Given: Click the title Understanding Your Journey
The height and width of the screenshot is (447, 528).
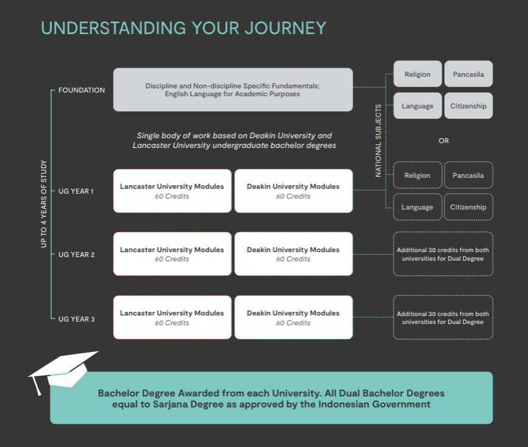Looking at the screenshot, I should click(x=183, y=28).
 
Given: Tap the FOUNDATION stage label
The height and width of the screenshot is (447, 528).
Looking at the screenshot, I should click(x=82, y=90).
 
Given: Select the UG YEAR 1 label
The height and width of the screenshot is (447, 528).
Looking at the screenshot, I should click(x=76, y=191).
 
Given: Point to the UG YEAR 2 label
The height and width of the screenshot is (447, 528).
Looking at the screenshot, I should click(x=76, y=255).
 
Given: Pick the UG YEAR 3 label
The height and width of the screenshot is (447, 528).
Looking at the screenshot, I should click(x=76, y=319).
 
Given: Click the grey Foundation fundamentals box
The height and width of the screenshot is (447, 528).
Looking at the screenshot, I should click(x=233, y=90).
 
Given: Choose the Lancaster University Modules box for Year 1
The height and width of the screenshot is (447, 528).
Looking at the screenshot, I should click(x=172, y=191).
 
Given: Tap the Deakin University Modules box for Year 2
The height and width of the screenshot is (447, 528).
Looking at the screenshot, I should click(x=293, y=254).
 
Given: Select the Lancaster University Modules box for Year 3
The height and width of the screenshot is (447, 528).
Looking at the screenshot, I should click(x=172, y=317).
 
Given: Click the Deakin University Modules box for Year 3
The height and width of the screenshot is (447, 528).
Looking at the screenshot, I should click(x=293, y=317).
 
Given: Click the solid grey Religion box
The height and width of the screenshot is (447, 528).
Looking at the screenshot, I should click(x=417, y=74).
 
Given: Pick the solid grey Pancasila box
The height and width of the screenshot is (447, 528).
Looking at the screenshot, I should click(x=468, y=74).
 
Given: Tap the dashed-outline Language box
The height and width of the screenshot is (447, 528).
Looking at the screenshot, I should click(x=417, y=207).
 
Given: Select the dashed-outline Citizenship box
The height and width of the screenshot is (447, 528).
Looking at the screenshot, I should click(x=468, y=207).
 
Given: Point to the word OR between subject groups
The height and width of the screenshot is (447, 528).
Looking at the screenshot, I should click(x=443, y=141).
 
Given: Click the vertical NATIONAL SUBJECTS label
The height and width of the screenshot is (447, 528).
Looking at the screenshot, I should click(x=378, y=141).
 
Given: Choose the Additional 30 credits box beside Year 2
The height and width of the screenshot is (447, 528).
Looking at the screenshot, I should click(x=443, y=254).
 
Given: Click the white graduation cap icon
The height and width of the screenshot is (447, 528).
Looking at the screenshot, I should click(x=63, y=369).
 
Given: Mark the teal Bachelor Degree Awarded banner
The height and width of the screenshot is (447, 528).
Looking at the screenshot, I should click(x=271, y=398).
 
